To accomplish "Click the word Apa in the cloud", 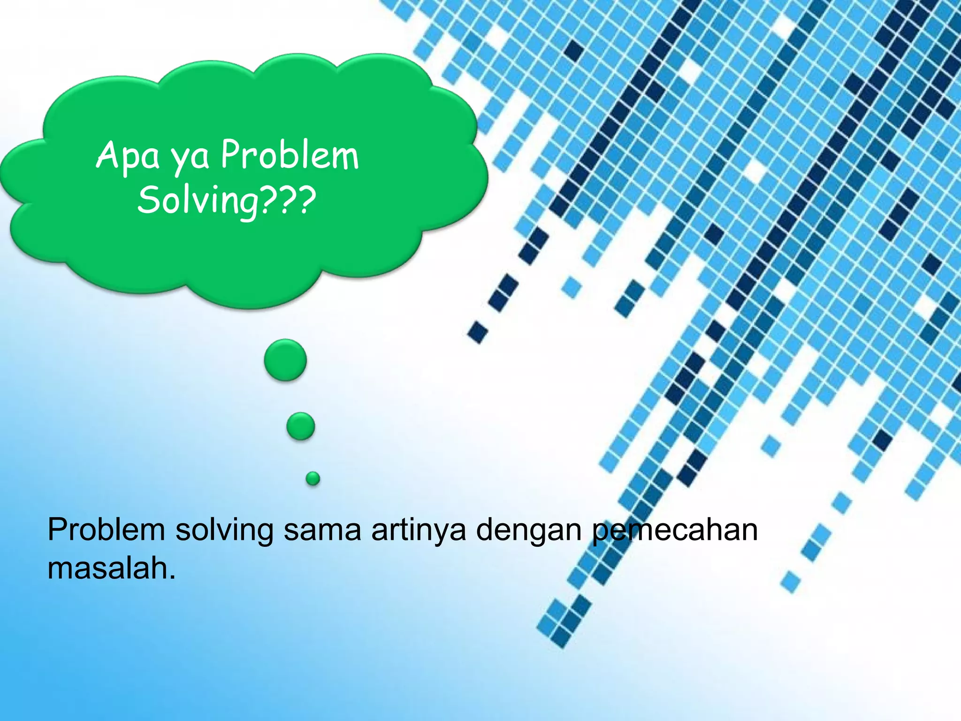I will [128, 156].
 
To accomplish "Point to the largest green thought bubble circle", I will [285, 360].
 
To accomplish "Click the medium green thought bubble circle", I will [301, 426].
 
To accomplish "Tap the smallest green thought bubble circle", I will [313, 478].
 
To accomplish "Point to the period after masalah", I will [172, 576].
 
